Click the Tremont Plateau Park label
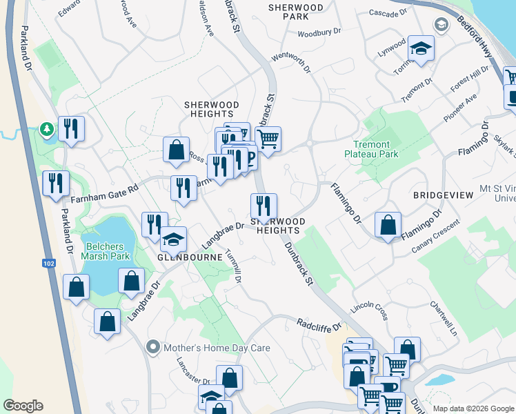pyautogui.click(x=371, y=150)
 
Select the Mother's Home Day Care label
pyautogui.click(x=217, y=348)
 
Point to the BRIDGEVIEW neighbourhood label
pyautogui.click(x=444, y=196)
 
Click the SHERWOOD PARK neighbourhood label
pyautogui.click(x=297, y=11)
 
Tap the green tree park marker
pyautogui.click(x=46, y=129)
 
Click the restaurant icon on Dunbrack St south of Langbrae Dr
pyautogui.click(x=263, y=206)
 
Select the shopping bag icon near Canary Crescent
pyautogui.click(x=388, y=225)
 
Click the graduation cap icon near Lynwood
pyautogui.click(x=419, y=50)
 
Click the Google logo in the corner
pyautogui.click(x=23, y=406)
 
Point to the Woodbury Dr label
pyautogui.click(x=319, y=32)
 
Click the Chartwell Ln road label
pyautogui.click(x=444, y=318)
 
